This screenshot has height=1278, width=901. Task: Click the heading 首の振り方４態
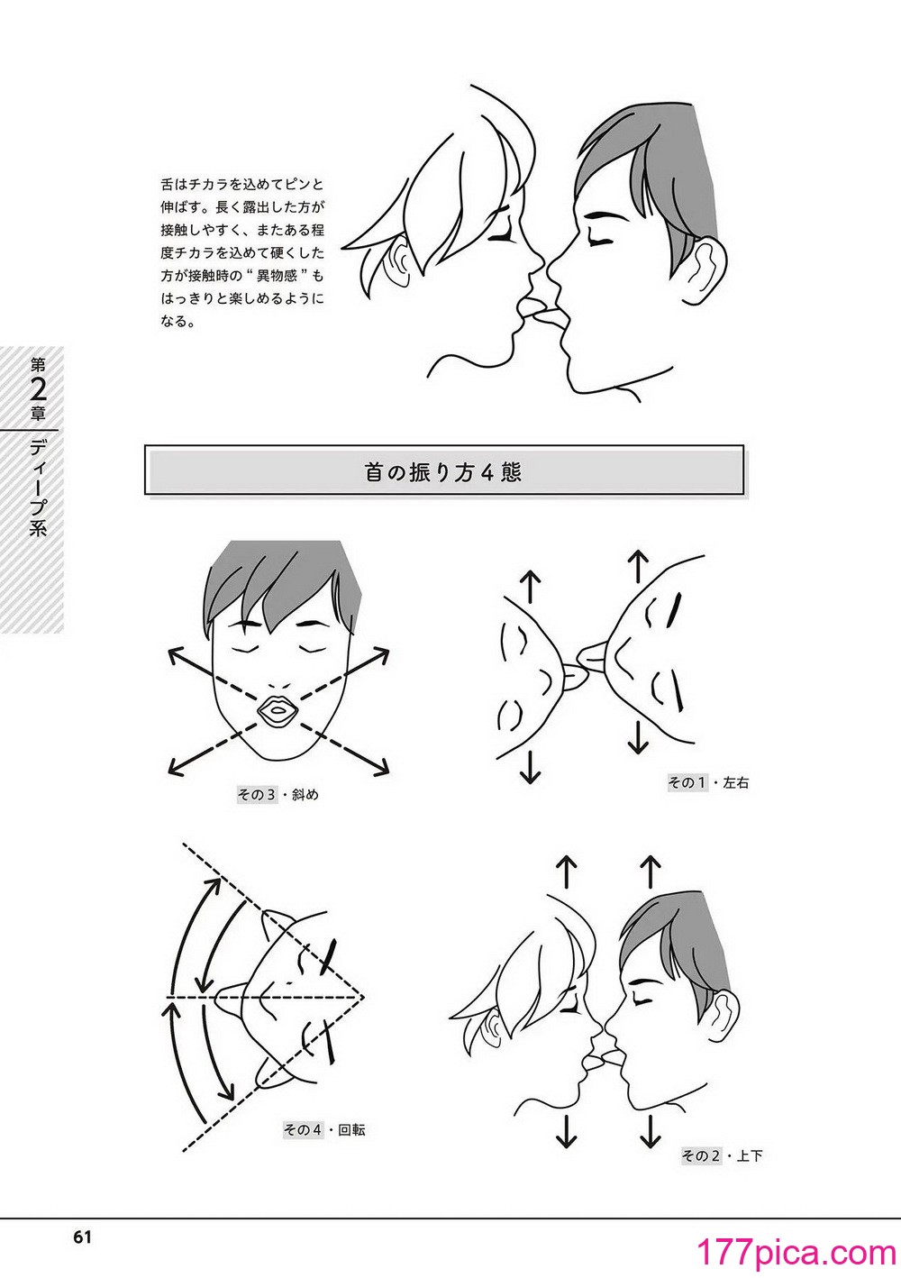(x=443, y=473)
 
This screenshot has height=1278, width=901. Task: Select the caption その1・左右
(x=707, y=782)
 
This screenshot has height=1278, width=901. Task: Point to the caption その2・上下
(x=722, y=1140)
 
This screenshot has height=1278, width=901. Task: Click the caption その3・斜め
(x=278, y=794)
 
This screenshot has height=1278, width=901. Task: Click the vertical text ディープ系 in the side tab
(x=38, y=488)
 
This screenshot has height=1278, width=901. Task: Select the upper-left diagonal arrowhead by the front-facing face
(x=177, y=657)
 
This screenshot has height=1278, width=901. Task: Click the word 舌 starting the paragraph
(x=167, y=185)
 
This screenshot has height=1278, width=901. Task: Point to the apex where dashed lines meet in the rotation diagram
(x=363, y=997)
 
